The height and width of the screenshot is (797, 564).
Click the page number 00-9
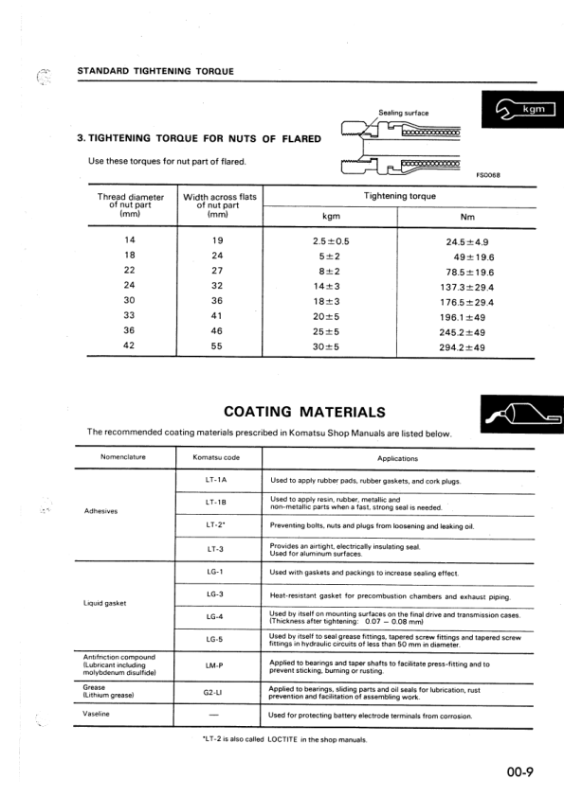[519, 770]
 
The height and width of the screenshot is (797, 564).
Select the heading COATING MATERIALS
[304, 412]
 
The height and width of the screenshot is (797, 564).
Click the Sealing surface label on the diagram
[403, 113]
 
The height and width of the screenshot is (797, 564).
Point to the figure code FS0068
[487, 174]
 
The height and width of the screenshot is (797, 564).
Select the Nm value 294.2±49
[462, 347]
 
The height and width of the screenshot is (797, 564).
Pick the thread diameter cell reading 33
[129, 317]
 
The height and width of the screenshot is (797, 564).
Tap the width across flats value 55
[217, 347]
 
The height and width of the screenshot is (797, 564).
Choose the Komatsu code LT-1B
[214, 502]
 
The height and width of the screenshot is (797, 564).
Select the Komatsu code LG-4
[214, 616]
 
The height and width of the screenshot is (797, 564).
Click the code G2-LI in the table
[214, 691]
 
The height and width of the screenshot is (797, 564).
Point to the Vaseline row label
[98, 714]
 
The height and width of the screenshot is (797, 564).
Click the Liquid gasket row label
[105, 604]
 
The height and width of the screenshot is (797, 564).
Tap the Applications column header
[397, 458]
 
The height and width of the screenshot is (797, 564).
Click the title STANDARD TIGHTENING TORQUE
[155, 72]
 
